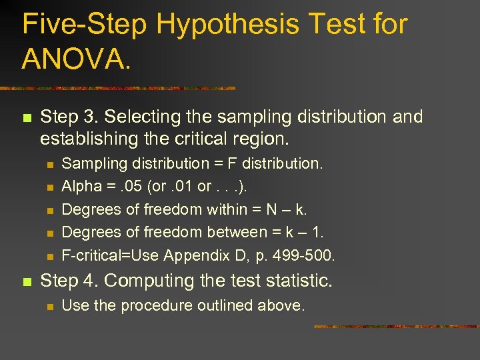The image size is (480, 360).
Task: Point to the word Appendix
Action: (x=192, y=255)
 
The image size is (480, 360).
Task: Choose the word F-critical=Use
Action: (x=111, y=255)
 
